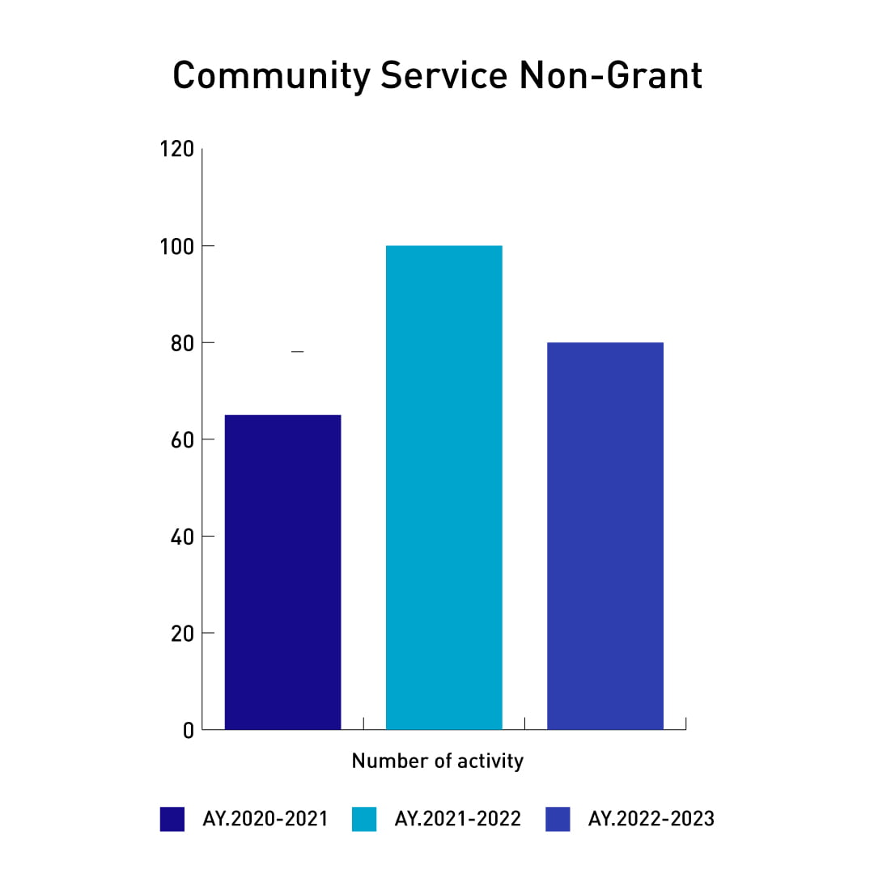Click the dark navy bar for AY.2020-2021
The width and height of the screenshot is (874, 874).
pyautogui.click(x=282, y=571)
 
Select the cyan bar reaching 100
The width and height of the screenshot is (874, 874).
pyautogui.click(x=443, y=487)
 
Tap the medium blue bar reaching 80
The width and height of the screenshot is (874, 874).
pyautogui.click(x=605, y=536)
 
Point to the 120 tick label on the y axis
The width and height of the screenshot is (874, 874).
pyautogui.click(x=177, y=150)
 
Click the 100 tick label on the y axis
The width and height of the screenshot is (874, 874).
pyautogui.click(x=177, y=246)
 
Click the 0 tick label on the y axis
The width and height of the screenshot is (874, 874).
pyautogui.click(x=188, y=730)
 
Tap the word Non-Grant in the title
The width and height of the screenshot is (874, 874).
pyautogui.click(x=610, y=76)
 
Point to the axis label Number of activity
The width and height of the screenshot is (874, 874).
pyautogui.click(x=437, y=762)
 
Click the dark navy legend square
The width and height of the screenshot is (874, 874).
pyautogui.click(x=172, y=819)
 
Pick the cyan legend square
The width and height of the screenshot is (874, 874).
pyautogui.click(x=364, y=819)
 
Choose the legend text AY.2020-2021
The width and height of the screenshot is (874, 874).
pyautogui.click(x=265, y=819)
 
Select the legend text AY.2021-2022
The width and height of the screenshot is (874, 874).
pyautogui.click(x=457, y=819)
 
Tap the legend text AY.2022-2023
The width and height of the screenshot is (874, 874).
pyautogui.click(x=651, y=819)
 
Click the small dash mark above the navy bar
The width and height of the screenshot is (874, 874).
pyautogui.click(x=297, y=352)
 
